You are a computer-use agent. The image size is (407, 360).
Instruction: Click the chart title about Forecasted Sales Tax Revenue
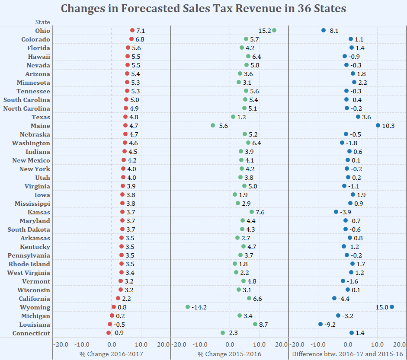pos(203,9)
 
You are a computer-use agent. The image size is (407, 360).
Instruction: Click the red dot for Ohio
pos(132,30)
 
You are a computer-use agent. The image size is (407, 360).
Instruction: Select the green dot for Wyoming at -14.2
pos(188,307)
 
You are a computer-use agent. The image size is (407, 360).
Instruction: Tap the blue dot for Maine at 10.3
pos(378,125)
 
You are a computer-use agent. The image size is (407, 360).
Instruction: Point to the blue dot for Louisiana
pos(320,324)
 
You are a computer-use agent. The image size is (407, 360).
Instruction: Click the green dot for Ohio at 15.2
pos(274,30)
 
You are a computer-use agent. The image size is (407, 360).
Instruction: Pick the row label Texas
pos(41,117)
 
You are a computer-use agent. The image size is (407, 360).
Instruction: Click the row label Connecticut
pos(31,333)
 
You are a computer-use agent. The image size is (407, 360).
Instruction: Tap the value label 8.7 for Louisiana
pos(263,325)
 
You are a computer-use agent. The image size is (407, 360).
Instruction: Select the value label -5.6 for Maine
pos(222,126)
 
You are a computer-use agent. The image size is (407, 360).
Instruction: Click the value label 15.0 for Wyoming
pos(382,307)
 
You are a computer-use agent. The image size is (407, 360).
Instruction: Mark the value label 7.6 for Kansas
pos(260,212)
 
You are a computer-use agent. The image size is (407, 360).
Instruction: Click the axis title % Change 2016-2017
pos(111,354)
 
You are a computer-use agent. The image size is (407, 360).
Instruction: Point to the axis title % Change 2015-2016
pos(229,354)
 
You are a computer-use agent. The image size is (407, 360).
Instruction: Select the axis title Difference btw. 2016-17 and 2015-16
pos(348,354)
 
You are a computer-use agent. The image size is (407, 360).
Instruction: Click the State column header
pos(42,22)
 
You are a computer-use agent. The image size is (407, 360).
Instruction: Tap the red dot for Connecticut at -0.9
pos(109,333)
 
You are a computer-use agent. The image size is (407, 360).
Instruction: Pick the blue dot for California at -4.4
pos(334,298)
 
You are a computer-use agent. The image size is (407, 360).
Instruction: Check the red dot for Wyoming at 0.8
pos(114,307)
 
